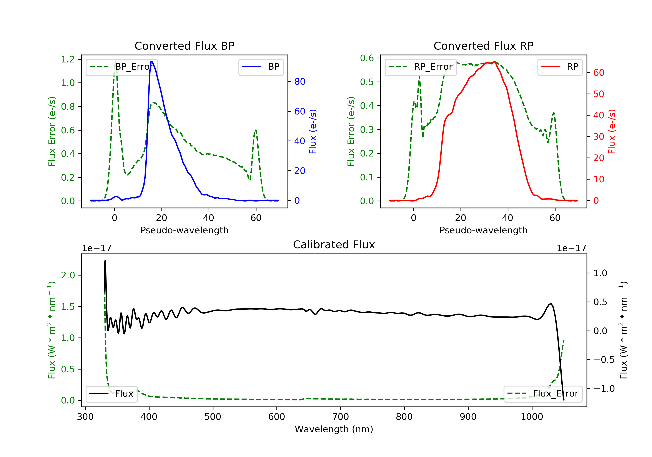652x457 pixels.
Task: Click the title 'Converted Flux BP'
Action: click(x=185, y=46)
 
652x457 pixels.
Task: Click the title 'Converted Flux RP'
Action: click(x=484, y=46)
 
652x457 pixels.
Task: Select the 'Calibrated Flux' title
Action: click(x=334, y=245)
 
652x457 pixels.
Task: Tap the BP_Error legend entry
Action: click(x=121, y=67)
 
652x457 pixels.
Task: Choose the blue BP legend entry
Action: click(x=261, y=67)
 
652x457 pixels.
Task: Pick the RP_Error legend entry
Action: click(x=421, y=67)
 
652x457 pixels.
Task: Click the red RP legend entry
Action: click(x=560, y=67)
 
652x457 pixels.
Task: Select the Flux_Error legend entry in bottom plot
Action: click(x=543, y=394)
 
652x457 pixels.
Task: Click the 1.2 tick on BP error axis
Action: click(x=68, y=59)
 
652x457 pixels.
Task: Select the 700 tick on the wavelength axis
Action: click(x=340, y=417)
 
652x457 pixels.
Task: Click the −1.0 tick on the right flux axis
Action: click(x=604, y=389)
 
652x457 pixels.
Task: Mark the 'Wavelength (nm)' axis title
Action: click(x=334, y=429)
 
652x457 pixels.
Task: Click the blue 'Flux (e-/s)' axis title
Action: click(x=313, y=131)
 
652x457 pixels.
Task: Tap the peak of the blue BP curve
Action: click(x=152, y=62)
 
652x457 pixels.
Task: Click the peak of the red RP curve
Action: click(x=494, y=62)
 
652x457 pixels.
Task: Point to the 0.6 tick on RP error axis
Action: click(x=367, y=58)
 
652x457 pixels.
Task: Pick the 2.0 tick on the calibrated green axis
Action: click(x=68, y=275)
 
